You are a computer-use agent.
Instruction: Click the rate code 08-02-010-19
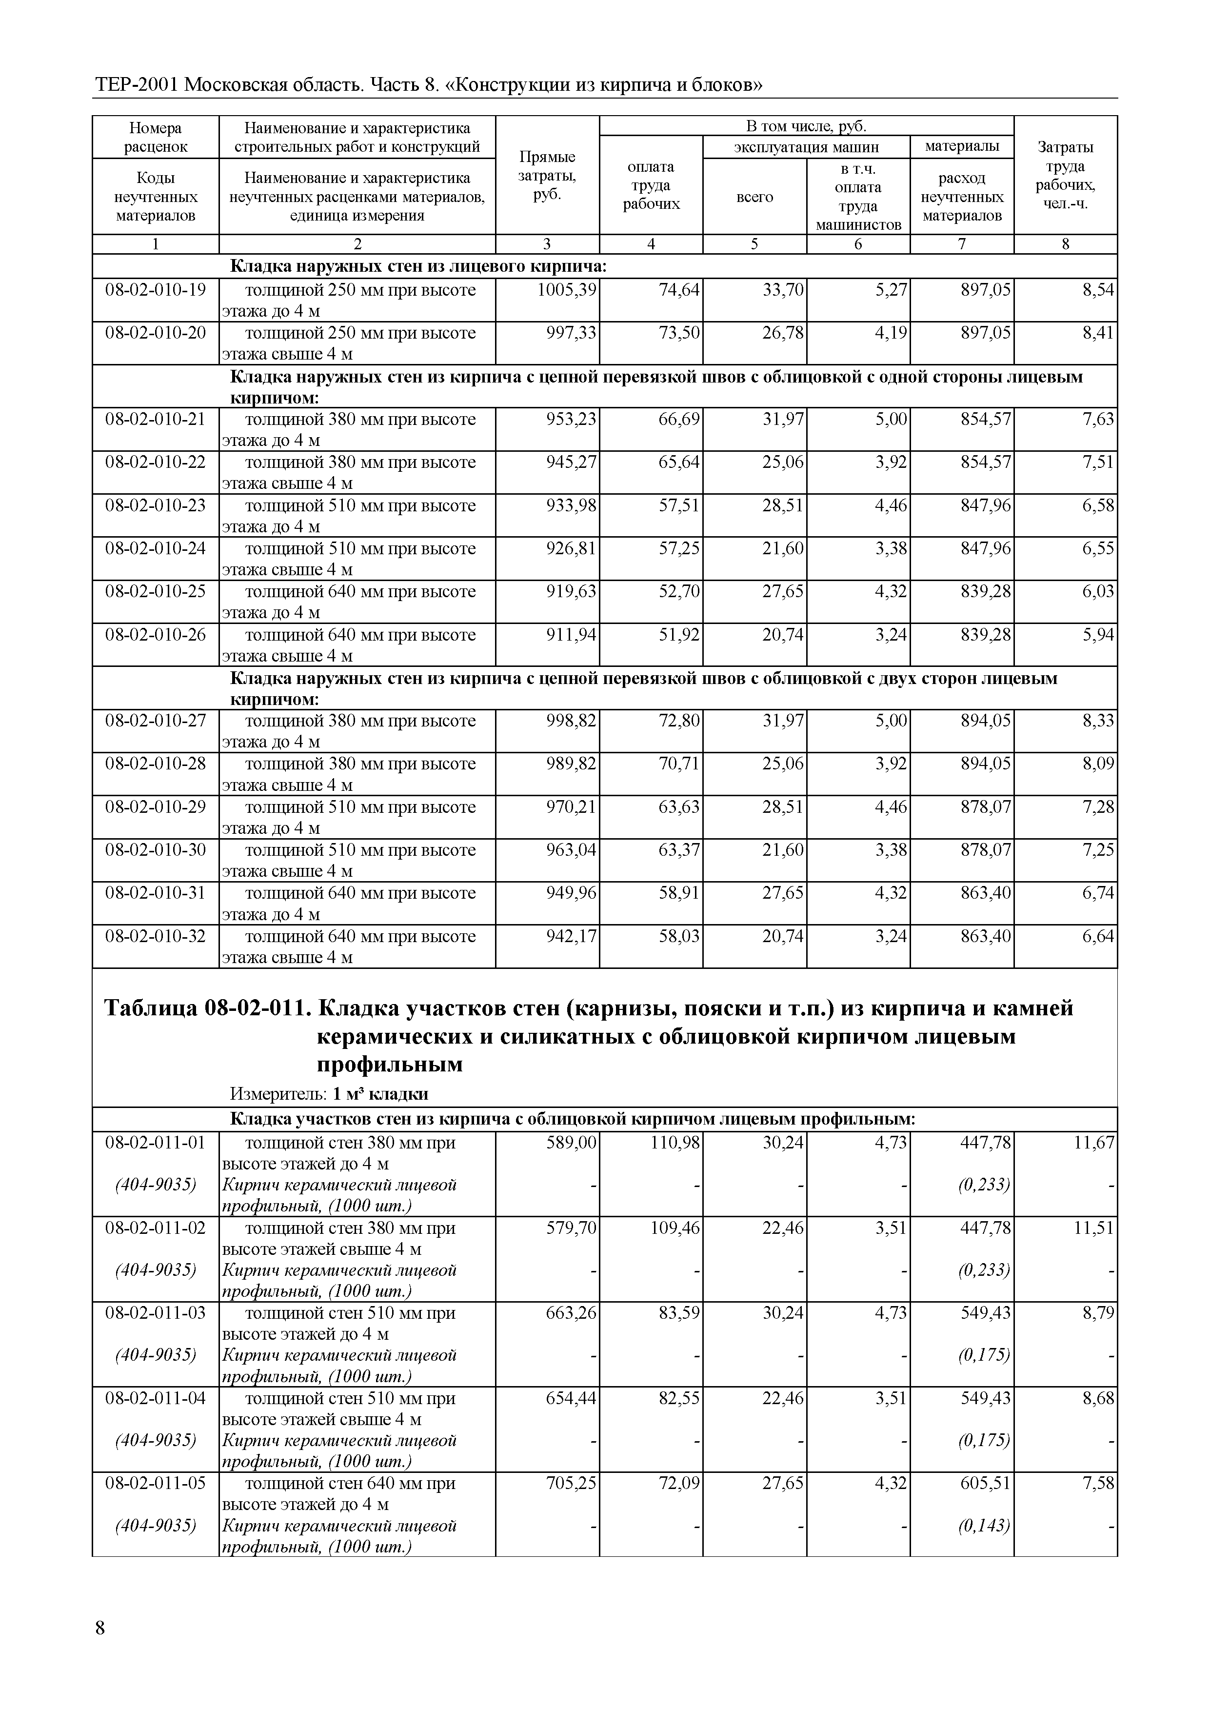pyautogui.click(x=155, y=290)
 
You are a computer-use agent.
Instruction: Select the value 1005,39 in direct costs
pyautogui.click(x=566, y=290)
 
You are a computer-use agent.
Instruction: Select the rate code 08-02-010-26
pyautogui.click(x=155, y=635)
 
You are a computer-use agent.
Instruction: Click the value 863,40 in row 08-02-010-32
pyautogui.click(x=986, y=936)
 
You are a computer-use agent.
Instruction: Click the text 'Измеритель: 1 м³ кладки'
pyautogui.click(x=329, y=1093)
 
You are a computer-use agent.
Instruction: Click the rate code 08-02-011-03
pyautogui.click(x=155, y=1312)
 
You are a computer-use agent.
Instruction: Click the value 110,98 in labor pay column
pyautogui.click(x=675, y=1143)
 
